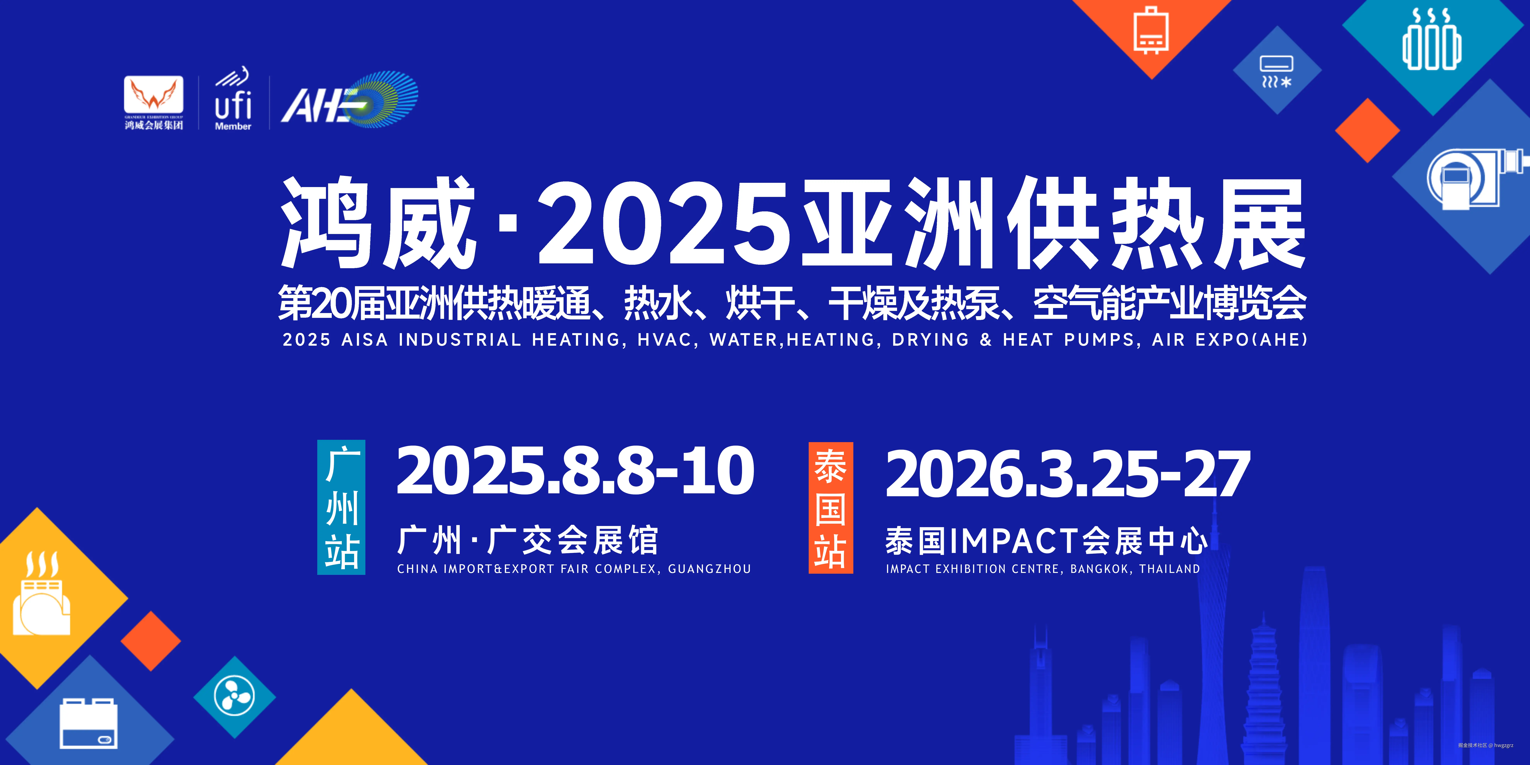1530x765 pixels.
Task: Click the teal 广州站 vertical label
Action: point(342,507)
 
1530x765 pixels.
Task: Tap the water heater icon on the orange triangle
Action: point(1152,30)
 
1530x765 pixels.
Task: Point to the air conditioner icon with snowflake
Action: point(1277,71)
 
